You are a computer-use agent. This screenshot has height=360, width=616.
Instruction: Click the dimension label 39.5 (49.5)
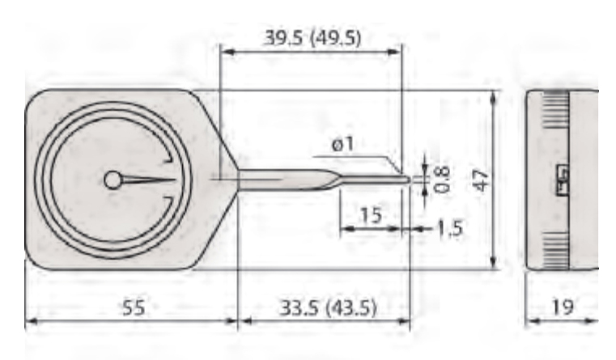[312, 38]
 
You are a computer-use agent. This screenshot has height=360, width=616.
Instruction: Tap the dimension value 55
[134, 307]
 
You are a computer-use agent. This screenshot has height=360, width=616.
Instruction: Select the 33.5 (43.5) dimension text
[328, 307]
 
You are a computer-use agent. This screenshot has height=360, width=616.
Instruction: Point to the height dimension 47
[482, 180]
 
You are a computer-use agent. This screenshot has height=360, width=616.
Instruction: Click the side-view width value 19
[563, 307]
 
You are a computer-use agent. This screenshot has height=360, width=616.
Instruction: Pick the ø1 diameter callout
[342, 144]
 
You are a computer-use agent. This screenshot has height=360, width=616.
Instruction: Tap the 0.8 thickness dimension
[442, 180]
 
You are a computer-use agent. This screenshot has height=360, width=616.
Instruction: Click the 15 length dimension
[371, 214]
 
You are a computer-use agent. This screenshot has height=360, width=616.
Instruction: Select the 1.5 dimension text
[449, 228]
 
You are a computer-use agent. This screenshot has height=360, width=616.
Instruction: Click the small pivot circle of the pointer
[113, 180]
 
